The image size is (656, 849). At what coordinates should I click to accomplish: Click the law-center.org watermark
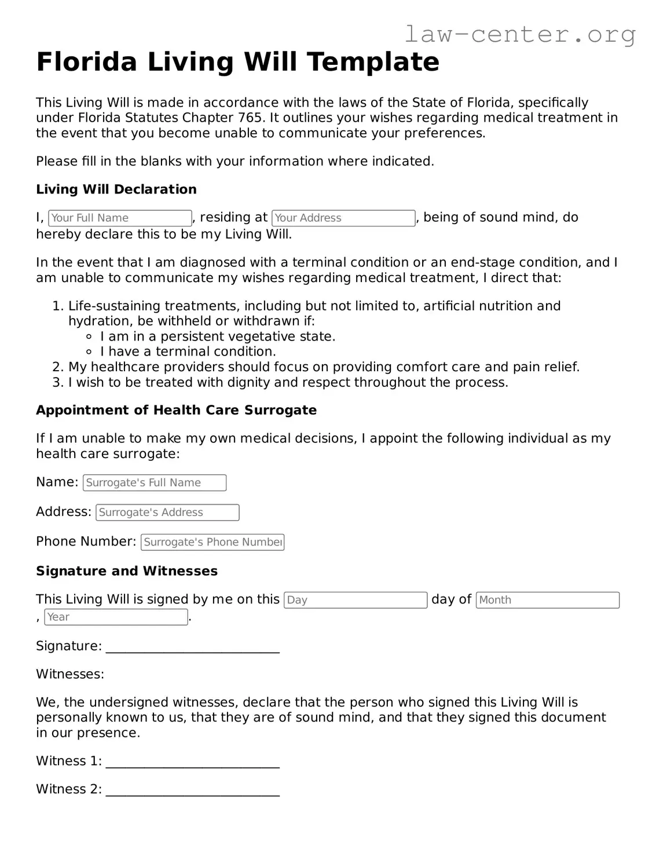coord(519,34)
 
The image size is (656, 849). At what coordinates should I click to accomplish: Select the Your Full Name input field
coord(120,218)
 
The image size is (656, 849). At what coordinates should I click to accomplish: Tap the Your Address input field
coord(343,218)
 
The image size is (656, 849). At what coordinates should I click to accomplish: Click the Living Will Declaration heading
coord(116,189)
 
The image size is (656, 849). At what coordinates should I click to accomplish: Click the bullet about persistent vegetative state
coord(217,336)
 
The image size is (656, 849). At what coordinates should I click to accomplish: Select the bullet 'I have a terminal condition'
coord(188,352)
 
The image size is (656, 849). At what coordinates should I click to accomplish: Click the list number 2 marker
coord(57,367)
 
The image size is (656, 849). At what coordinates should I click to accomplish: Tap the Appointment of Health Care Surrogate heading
coord(176,411)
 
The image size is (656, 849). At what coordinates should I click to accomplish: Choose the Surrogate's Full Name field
coord(155,482)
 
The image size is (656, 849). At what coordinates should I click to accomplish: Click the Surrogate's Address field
coord(167,513)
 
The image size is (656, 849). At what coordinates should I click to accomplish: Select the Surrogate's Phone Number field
coord(212,542)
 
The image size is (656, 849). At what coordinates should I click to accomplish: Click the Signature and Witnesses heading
coord(127,571)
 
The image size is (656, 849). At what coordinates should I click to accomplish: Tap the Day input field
coord(356,600)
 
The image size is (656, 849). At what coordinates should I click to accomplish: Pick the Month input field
coord(547,600)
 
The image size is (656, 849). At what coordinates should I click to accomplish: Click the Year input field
coord(116,617)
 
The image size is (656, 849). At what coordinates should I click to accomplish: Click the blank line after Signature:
coord(193,647)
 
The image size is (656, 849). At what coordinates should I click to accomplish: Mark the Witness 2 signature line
coord(193,791)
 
